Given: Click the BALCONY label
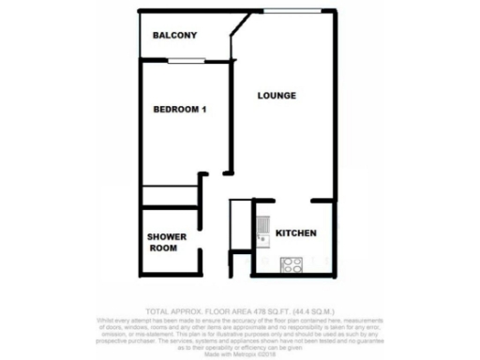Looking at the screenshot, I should [174, 36].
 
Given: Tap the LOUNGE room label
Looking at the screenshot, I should [277, 96].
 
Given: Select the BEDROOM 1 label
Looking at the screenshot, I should [180, 110].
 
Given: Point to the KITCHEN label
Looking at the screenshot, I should [295, 233].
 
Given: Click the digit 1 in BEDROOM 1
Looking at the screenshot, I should [203, 110].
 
